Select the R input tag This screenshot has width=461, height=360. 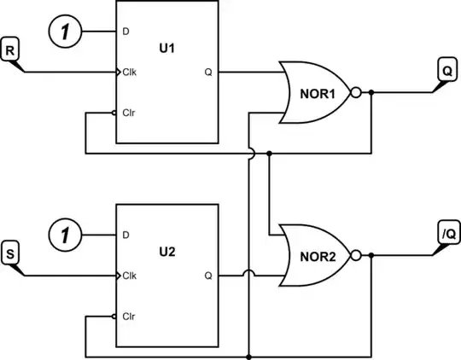[x=11, y=50]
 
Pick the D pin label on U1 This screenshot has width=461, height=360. [x=125, y=32]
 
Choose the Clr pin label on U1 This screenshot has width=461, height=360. [x=129, y=113]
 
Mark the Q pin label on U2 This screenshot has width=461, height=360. [x=207, y=275]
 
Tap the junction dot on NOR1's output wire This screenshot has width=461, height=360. [x=371, y=93]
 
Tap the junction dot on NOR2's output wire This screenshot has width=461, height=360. [x=371, y=254]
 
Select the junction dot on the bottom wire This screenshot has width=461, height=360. [x=248, y=356]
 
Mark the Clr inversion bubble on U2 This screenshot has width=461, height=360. [x=115, y=315]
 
